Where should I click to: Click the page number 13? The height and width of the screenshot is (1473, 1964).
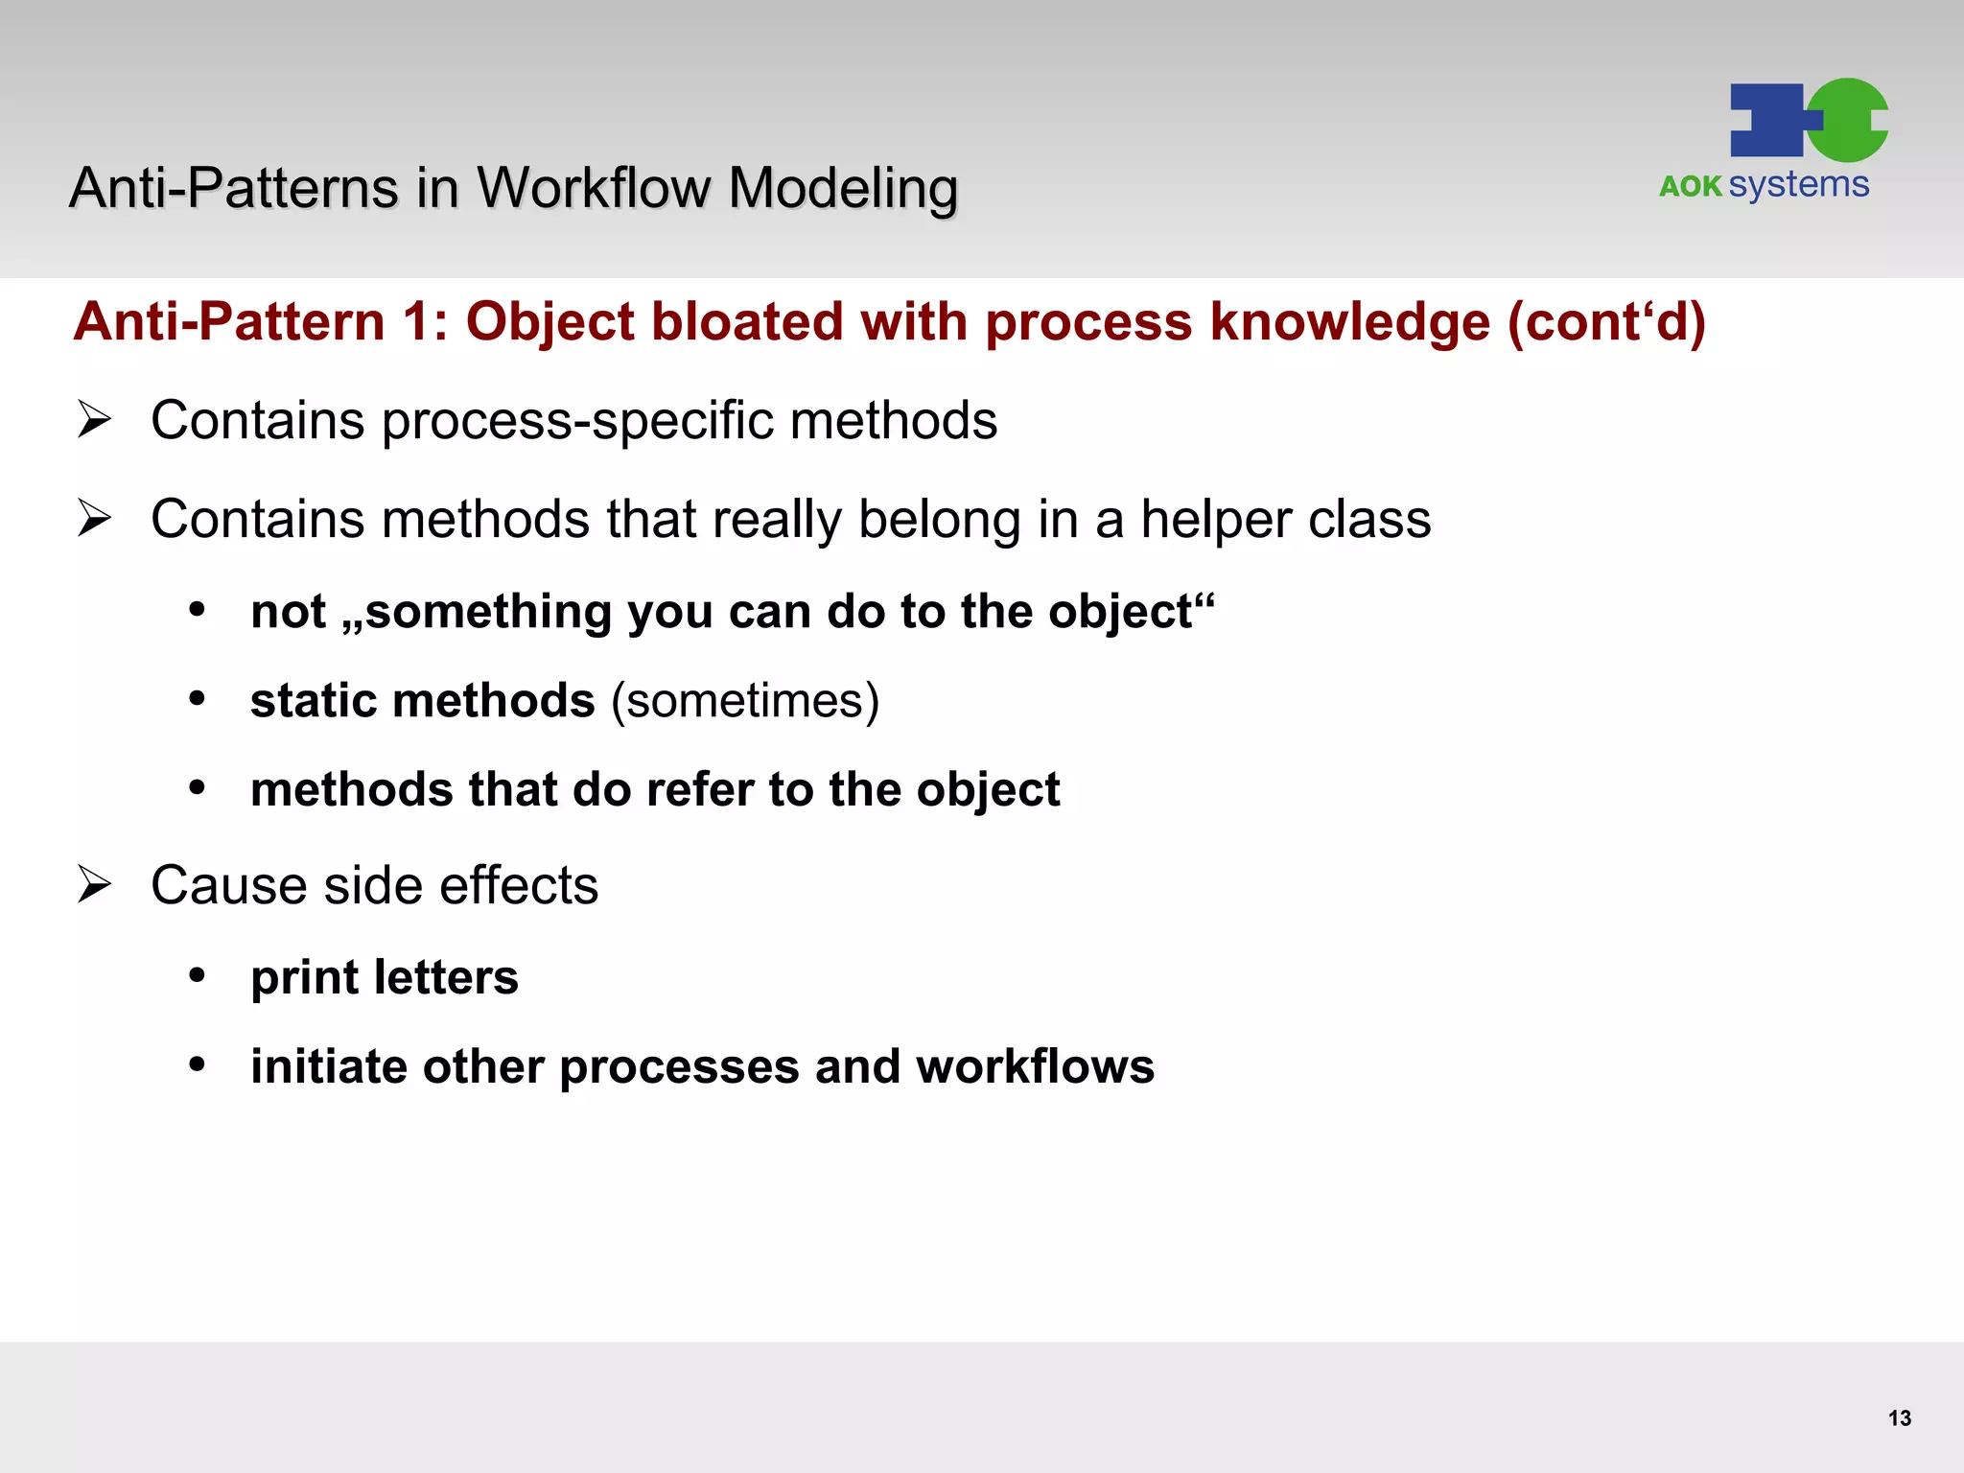1899,1418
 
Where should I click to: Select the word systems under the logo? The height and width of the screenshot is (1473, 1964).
1799,185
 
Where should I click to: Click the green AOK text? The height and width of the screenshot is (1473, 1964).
1690,186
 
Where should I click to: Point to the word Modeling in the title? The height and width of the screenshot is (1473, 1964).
843,189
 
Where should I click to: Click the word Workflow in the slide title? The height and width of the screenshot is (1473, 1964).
594,188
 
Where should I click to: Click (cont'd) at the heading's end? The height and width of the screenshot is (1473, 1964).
1606,322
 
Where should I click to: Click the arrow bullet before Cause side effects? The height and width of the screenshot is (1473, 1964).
95,883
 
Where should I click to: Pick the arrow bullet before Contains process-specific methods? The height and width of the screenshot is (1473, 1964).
95,419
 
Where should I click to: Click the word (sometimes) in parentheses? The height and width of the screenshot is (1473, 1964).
745,701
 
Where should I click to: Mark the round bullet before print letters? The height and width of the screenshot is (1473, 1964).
198,975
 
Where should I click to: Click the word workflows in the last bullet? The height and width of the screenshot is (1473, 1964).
1035,1067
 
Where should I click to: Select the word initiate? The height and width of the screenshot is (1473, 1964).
328,1067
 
